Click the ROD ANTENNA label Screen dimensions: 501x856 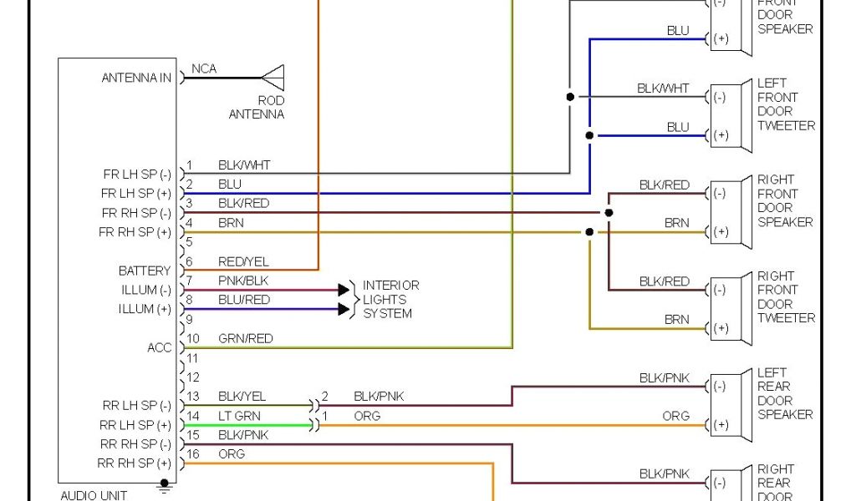pyautogui.click(x=257, y=107)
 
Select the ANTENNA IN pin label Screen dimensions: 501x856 pyautogui.click(x=136, y=78)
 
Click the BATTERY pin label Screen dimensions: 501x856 pyautogui.click(x=145, y=271)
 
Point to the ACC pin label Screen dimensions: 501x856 pyautogui.click(x=160, y=347)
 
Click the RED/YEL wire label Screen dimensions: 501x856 pyautogui.click(x=243, y=261)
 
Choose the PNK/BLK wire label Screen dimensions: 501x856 pyautogui.click(x=243, y=281)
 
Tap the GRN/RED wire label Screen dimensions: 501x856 pyautogui.click(x=245, y=338)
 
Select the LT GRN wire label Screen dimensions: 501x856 pyautogui.click(x=239, y=415)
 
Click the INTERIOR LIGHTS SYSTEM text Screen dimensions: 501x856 pyautogui.click(x=390, y=299)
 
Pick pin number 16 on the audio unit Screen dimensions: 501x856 pyautogui.click(x=192, y=453)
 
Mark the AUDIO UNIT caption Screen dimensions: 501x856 pyautogui.click(x=94, y=495)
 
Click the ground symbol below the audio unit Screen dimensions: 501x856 pyautogui.click(x=165, y=486)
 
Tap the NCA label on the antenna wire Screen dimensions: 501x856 pyautogui.click(x=204, y=68)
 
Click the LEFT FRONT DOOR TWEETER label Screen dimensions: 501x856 pyautogui.click(x=786, y=104)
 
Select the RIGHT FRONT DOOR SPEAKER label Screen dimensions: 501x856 pyautogui.click(x=786, y=200)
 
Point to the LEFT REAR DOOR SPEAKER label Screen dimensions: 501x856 pyautogui.click(x=785, y=393)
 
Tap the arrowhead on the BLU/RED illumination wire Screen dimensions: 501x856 pyautogui.click(x=344, y=309)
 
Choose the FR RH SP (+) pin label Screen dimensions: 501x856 pyautogui.click(x=135, y=232)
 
